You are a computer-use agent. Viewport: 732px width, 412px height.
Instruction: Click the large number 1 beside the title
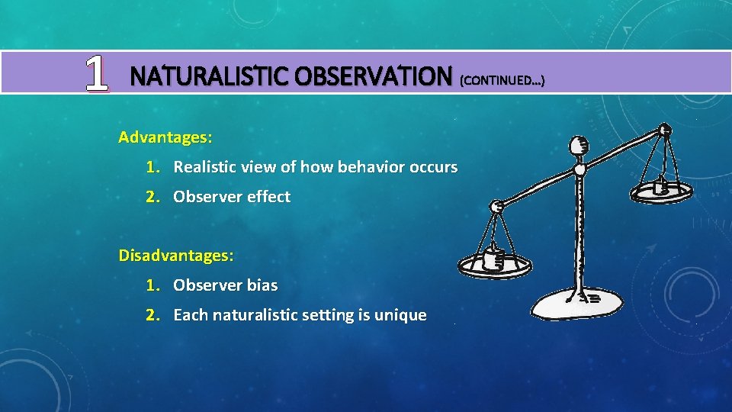(x=95, y=75)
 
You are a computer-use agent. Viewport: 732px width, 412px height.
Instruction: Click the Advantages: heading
(x=165, y=138)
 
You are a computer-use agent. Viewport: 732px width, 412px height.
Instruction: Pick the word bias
(x=262, y=285)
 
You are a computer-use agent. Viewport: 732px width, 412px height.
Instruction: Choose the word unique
(x=401, y=315)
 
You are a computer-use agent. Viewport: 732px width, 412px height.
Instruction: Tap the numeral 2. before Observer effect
(x=154, y=197)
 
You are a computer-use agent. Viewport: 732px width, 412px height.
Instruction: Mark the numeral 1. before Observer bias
(x=154, y=285)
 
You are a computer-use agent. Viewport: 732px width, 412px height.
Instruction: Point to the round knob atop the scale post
(x=579, y=144)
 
